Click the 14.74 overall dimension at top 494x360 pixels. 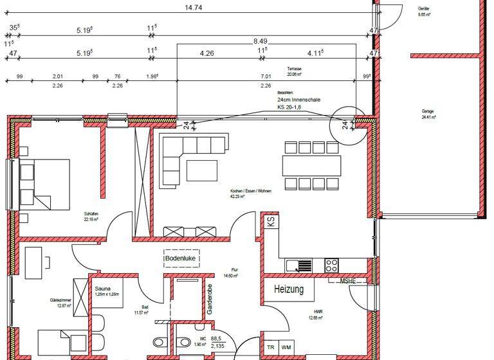click(x=190, y=8)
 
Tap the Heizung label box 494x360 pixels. click(x=289, y=290)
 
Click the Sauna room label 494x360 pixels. click(x=104, y=289)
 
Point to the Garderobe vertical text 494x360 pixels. click(x=210, y=298)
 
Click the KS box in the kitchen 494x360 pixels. click(x=271, y=222)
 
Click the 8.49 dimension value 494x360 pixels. click(x=261, y=40)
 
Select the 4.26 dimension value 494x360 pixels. click(x=207, y=53)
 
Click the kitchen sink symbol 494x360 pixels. click(x=299, y=264)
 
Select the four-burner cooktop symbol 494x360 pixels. click(x=332, y=264)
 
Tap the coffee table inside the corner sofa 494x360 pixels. click(x=203, y=170)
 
